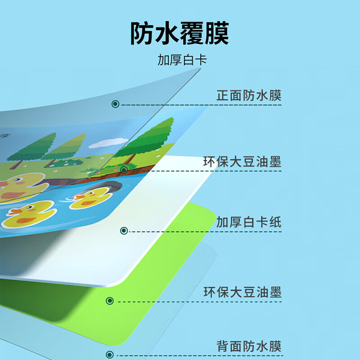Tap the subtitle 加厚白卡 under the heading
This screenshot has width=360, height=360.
point(182,60)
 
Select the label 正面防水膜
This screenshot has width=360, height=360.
point(248,96)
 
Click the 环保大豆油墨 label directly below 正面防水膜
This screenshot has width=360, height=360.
point(242,162)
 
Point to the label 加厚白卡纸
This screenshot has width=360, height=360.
point(248,222)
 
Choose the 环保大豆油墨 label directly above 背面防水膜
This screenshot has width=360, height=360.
point(242,292)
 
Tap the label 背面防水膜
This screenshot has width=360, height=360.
point(248,346)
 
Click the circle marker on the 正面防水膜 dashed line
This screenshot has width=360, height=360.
point(115,104)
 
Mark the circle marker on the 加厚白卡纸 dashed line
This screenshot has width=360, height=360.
point(124,231)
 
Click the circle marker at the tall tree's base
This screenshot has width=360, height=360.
point(124,170)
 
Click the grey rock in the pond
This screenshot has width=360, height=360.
point(107,186)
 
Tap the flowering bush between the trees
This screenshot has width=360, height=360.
point(67,162)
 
